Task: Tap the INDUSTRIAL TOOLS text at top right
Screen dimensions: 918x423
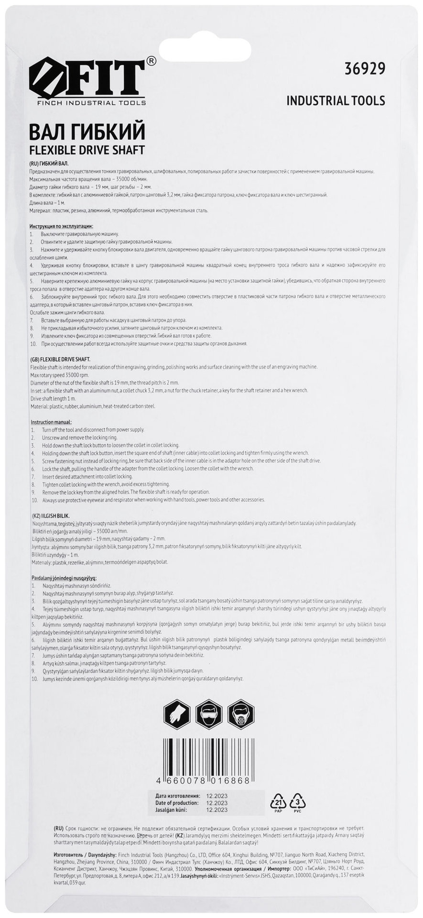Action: [336, 100]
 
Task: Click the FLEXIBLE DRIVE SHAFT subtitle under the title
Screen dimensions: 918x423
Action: [87, 150]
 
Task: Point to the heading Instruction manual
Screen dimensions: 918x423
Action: [51, 422]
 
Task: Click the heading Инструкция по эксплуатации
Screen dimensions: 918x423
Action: [61, 226]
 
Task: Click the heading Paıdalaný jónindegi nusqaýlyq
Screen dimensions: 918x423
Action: [64, 578]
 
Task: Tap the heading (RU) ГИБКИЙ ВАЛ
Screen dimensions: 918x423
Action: [49, 164]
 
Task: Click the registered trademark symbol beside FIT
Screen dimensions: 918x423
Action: [151, 61]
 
